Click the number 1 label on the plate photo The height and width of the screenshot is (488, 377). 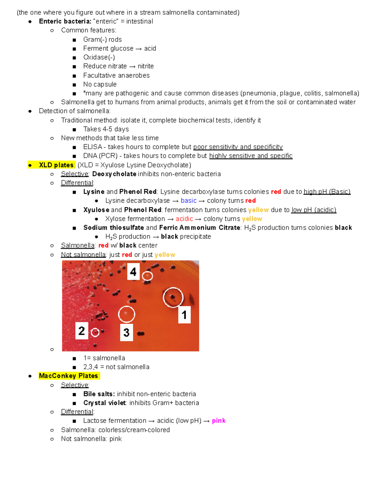click(x=184, y=315)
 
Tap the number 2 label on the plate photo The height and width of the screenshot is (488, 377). click(x=81, y=331)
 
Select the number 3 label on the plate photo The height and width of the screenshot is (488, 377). click(x=126, y=332)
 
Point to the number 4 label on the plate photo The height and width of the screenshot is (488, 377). click(x=133, y=271)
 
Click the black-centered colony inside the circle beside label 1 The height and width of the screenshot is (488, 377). click(x=172, y=297)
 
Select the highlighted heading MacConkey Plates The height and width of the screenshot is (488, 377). click(x=69, y=376)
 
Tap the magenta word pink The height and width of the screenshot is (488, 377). click(x=219, y=421)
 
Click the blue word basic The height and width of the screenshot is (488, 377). click(x=188, y=201)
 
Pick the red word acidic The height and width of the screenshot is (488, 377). click(x=184, y=219)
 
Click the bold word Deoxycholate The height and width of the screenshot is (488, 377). click(x=114, y=174)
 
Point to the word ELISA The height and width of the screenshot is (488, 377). click(x=93, y=147)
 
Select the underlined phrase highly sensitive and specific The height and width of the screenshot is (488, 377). click(x=251, y=156)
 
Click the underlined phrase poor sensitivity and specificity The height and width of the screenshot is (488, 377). click(x=238, y=147)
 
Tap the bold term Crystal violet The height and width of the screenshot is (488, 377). click(x=104, y=403)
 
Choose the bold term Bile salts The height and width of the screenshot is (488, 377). click(x=99, y=394)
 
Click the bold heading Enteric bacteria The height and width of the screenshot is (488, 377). click(x=65, y=21)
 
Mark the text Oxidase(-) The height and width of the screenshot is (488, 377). click(x=99, y=57)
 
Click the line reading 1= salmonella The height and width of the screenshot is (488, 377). click(x=104, y=358)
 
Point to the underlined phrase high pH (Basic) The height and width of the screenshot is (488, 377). click(x=327, y=192)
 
